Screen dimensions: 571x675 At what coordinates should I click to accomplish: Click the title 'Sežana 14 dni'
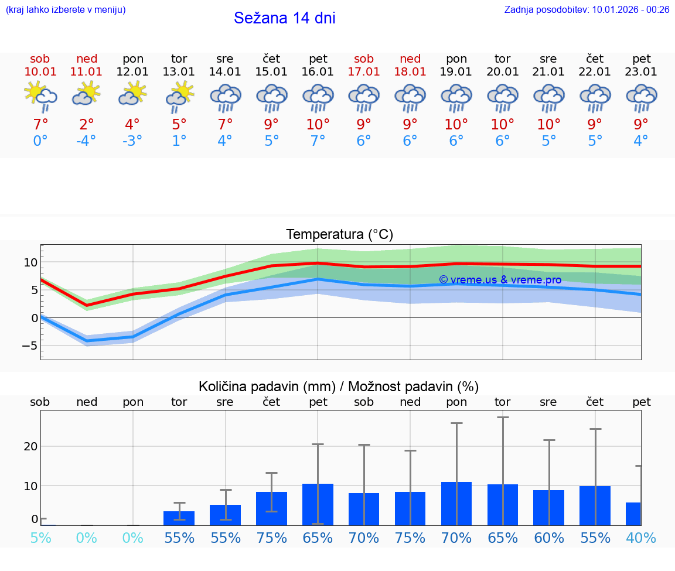click(x=285, y=18)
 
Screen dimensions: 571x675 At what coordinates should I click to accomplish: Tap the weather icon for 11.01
click(x=86, y=94)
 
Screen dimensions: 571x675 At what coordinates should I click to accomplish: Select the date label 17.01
click(x=364, y=72)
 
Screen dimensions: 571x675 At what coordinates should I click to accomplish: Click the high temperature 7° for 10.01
click(x=40, y=125)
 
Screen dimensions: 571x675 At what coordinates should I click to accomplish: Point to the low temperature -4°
click(x=86, y=141)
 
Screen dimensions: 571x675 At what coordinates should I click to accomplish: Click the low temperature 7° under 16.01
click(x=318, y=141)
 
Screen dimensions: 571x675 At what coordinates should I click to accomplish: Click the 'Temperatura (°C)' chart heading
click(x=339, y=235)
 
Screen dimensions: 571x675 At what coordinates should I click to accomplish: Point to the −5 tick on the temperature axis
click(x=29, y=346)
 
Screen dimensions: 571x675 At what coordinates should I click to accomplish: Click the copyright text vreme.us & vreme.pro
click(x=500, y=280)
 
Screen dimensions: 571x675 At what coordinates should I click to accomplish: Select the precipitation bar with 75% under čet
click(x=271, y=508)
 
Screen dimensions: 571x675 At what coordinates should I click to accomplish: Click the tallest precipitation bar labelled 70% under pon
click(x=456, y=504)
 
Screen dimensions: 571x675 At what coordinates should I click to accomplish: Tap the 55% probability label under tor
click(x=179, y=538)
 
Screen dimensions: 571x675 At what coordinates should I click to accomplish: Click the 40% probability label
click(x=640, y=538)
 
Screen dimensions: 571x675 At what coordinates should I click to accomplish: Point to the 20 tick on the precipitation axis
click(x=30, y=446)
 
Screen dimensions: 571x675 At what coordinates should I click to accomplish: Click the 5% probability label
click(x=40, y=538)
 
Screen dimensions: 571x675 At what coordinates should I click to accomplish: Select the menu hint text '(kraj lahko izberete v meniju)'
click(x=66, y=9)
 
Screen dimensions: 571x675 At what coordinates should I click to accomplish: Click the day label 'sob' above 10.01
click(x=40, y=59)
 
